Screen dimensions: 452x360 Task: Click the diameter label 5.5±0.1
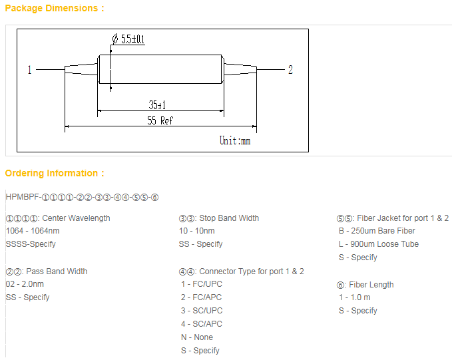(128, 39)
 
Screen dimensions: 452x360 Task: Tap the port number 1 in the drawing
(29, 70)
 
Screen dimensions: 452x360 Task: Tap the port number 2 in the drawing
(290, 70)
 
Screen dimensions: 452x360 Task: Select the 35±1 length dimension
(157, 104)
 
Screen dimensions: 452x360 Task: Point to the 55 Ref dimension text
(160, 120)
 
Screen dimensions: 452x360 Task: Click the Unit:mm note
(235, 140)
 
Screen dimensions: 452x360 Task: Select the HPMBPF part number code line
(82, 197)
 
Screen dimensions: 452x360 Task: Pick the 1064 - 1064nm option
(33, 231)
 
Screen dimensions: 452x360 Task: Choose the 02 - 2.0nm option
(25, 284)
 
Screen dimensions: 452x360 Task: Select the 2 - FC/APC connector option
(201, 297)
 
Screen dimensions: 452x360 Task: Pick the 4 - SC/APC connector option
(202, 324)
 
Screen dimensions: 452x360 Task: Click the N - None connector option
(197, 337)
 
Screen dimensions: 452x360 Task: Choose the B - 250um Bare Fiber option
(377, 231)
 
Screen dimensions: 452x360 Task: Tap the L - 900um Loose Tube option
(379, 244)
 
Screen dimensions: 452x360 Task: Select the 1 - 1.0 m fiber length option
(355, 297)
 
